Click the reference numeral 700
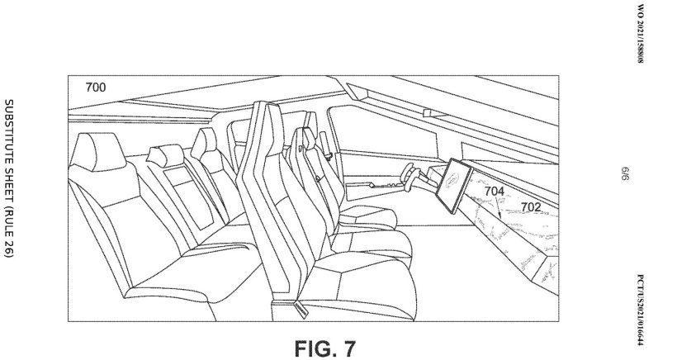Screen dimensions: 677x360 (96, 88)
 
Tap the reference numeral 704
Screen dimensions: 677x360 (494, 191)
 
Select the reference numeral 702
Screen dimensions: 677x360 (531, 207)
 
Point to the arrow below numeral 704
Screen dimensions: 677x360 (498, 208)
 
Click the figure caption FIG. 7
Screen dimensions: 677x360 (325, 348)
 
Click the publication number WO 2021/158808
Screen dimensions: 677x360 (641, 34)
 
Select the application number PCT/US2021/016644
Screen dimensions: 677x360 (641, 310)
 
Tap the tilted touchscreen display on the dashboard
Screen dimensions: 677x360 (453, 186)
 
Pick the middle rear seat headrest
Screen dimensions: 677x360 (165, 155)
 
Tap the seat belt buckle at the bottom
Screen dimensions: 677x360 (301, 309)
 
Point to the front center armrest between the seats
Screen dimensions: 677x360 (367, 215)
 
